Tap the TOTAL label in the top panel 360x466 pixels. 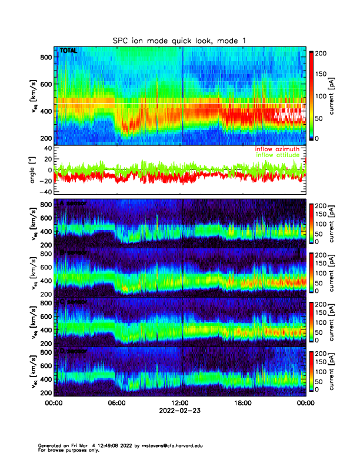point(68,51)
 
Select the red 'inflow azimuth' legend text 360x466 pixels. point(277,149)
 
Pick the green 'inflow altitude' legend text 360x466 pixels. point(278,155)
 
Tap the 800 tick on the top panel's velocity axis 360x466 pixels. point(46,57)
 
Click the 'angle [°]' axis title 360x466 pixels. point(34,170)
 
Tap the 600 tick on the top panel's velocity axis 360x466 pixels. point(46,84)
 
